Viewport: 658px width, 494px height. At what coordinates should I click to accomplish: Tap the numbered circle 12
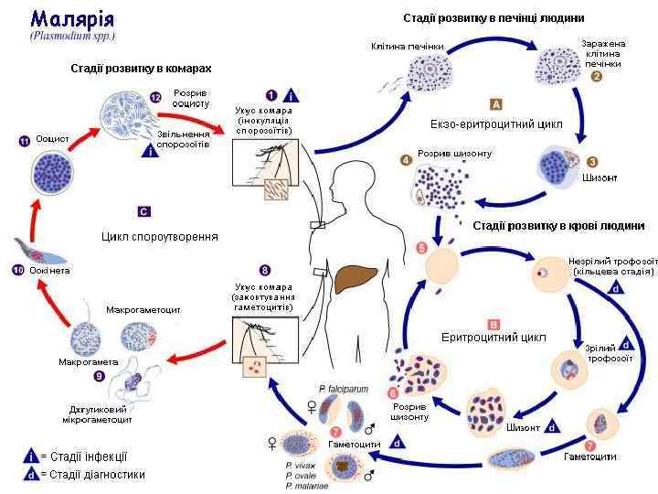tap(155, 97)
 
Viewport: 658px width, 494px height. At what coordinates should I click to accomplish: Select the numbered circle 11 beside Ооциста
tap(25, 141)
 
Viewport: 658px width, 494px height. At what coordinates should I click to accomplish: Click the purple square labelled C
tap(143, 211)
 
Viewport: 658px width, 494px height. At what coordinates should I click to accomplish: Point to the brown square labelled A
tap(495, 103)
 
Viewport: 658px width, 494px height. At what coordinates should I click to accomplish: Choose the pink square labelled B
tap(494, 324)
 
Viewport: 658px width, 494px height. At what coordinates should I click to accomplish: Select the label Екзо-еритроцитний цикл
tap(495, 123)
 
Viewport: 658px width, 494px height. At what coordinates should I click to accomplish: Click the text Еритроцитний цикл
tap(493, 338)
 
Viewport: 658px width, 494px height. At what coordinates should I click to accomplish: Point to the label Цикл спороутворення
tap(160, 236)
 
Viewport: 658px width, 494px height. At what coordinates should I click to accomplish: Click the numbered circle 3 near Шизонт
tap(592, 162)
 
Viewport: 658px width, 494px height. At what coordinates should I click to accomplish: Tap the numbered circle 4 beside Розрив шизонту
tap(406, 161)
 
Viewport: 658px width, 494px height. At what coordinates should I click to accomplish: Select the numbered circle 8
tap(265, 271)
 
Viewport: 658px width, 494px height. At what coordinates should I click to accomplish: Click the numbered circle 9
tap(100, 375)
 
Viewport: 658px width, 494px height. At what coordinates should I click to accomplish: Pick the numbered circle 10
tap(17, 271)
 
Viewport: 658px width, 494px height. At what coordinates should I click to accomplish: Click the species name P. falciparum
tap(343, 389)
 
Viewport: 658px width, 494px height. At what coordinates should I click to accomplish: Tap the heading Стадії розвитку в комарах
tap(141, 69)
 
